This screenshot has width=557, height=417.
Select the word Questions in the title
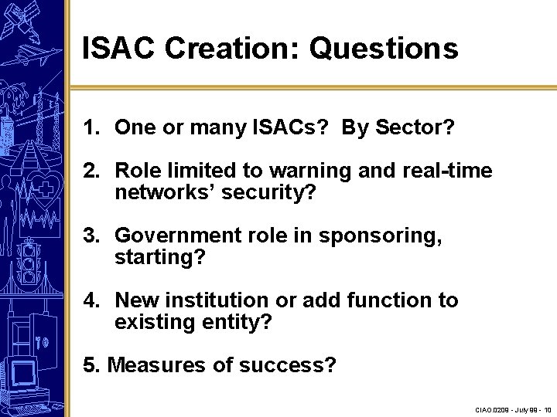[x=384, y=49]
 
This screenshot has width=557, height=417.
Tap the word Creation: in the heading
[x=234, y=49]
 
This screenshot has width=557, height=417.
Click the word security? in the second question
[x=269, y=192]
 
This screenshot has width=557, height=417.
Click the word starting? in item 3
[x=160, y=257]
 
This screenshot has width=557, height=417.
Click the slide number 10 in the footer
[x=547, y=409]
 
